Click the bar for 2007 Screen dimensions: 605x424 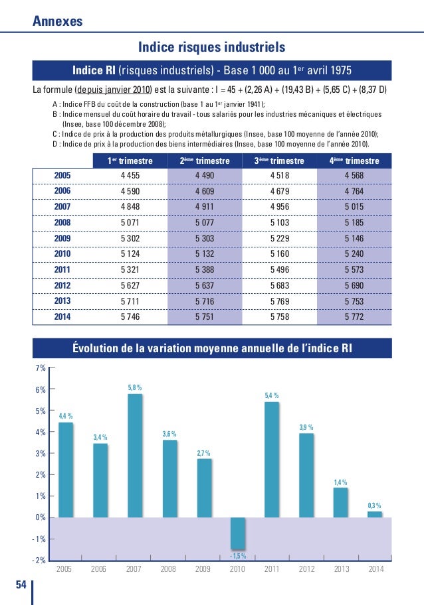[134, 455]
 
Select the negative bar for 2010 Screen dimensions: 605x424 [238, 533]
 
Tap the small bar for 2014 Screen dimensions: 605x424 [375, 514]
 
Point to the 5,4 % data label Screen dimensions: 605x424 [272, 396]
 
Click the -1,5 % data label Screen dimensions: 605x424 [238, 555]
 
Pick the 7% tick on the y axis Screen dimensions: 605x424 [40, 368]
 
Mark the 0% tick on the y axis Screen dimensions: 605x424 [40, 517]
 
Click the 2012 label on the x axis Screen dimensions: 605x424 [306, 569]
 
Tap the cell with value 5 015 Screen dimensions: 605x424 [354, 206]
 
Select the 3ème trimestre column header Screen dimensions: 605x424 [280, 161]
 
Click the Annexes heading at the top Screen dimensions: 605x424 [58, 21]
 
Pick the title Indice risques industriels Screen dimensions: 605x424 [211, 47]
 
